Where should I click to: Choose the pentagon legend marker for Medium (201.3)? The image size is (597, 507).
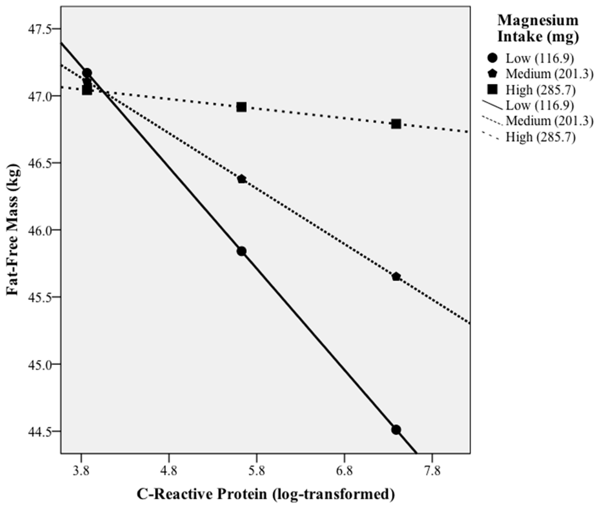(x=492, y=74)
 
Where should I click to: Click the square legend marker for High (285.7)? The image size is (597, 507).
(x=492, y=90)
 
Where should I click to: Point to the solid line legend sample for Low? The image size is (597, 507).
(x=492, y=105)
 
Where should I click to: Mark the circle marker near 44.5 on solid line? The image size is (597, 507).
(x=396, y=430)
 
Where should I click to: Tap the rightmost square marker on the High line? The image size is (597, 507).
(x=396, y=124)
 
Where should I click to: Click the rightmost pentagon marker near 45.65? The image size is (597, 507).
(x=396, y=277)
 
